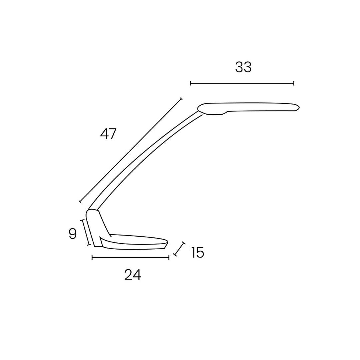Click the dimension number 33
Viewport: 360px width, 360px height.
click(243, 67)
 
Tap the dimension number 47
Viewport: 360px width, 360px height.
click(108, 134)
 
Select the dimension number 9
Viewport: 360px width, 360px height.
click(73, 234)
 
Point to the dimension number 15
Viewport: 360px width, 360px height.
click(197, 253)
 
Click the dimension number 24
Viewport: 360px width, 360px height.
click(132, 275)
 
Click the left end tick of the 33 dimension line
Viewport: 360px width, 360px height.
click(191, 83)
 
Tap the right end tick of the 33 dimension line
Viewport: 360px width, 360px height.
click(294, 83)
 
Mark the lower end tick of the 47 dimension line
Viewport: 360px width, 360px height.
click(80, 201)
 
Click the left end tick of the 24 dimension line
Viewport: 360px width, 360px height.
click(92, 258)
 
